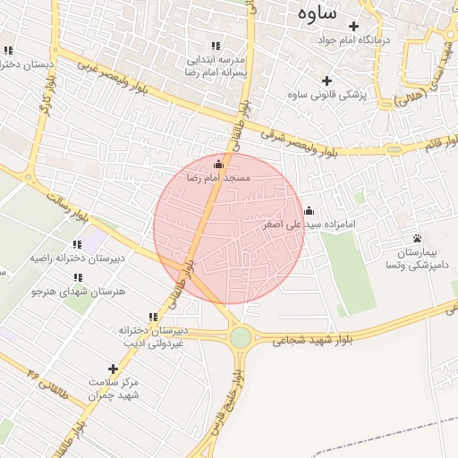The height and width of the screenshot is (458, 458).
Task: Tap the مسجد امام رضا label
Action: [x=219, y=178]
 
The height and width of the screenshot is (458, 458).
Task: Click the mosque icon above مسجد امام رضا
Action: [x=219, y=164]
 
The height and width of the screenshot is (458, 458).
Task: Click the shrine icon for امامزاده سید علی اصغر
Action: [x=309, y=211]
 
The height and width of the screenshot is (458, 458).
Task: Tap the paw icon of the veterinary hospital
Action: [x=417, y=239]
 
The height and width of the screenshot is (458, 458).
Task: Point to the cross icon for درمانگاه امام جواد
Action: [x=353, y=26]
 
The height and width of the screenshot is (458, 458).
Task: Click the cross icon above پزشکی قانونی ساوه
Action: [x=327, y=81]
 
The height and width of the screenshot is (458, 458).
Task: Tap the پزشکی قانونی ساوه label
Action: [x=324, y=94]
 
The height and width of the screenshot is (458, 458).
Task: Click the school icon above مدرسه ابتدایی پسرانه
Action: [x=215, y=46]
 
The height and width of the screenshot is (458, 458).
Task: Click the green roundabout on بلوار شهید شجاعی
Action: [x=240, y=337]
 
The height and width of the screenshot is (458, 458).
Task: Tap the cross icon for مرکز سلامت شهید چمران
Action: [x=113, y=368]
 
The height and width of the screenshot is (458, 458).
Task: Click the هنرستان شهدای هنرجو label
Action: [x=79, y=292]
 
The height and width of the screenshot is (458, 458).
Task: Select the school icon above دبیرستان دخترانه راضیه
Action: [x=77, y=243]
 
